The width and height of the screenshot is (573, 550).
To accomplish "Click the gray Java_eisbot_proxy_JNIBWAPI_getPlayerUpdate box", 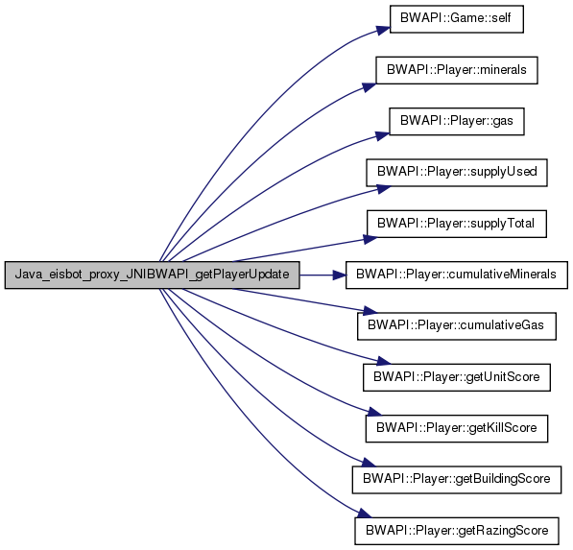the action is click(152, 275).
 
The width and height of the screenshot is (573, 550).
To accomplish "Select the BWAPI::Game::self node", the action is click(457, 19).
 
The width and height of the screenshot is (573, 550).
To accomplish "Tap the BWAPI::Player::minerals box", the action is click(457, 70).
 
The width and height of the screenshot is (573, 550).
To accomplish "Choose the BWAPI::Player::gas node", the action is click(457, 121).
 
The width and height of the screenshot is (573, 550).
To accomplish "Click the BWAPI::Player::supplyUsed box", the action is click(457, 173).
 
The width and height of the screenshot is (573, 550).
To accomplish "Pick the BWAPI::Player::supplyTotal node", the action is click(457, 224).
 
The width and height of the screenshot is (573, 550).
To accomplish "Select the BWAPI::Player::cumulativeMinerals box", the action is click(457, 275).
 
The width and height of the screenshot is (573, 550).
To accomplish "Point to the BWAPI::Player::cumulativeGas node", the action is click(457, 326).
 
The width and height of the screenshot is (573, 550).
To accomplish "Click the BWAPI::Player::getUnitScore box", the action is click(457, 377).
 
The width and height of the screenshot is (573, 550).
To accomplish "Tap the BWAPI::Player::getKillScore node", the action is click(457, 428).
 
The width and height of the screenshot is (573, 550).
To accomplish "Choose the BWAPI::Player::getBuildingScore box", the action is click(457, 480).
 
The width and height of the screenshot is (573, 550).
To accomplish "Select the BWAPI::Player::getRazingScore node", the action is click(457, 531).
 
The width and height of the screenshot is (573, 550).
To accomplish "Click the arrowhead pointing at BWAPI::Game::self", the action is click(384, 31).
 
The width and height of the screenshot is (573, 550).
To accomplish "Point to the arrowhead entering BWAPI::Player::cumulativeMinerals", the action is click(339, 275).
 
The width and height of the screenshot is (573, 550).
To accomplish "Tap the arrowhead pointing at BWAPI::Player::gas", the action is click(383, 136).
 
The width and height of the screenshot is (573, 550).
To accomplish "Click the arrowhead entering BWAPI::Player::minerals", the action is click(370, 87).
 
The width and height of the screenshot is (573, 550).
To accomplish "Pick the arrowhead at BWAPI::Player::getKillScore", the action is click(374, 412).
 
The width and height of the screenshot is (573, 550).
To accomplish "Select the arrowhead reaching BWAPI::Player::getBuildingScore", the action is click(369, 463).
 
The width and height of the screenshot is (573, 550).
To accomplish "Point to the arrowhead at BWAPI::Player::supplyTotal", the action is click(370, 239).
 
